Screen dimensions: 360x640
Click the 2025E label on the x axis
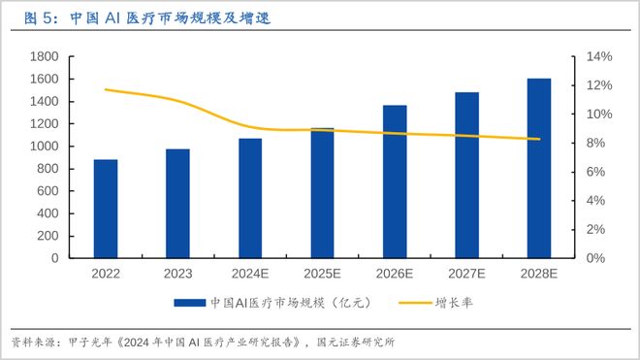pyautogui.click(x=322, y=276)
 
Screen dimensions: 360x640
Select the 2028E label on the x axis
pyautogui.click(x=539, y=276)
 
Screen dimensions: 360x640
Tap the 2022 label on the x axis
pyautogui.click(x=106, y=276)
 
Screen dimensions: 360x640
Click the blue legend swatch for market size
pyautogui.click(x=190, y=303)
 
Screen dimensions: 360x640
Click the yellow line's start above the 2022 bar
pyautogui.click(x=106, y=89)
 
